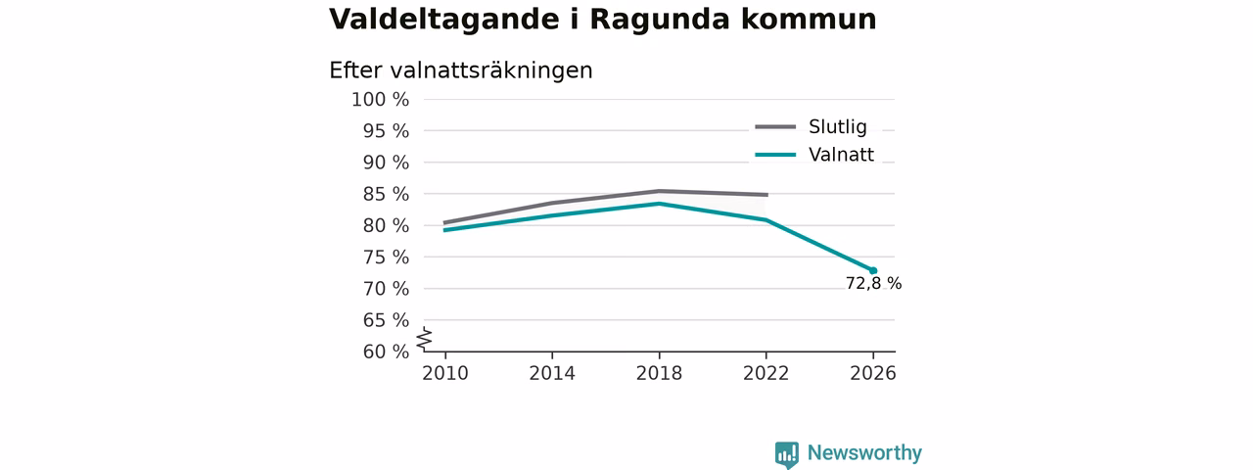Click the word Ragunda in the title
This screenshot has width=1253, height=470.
coord(660,21)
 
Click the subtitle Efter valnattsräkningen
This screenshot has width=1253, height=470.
coord(460,70)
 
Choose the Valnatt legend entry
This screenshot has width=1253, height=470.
coord(814,155)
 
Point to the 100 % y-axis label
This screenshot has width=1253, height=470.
coord(381,100)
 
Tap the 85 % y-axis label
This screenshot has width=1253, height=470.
coord(386,194)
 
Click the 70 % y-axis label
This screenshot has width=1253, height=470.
coord(386,289)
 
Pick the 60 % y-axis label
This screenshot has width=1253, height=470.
coord(386,352)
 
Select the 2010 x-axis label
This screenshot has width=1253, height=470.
coord(445,373)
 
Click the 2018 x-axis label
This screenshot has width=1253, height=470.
coord(659,373)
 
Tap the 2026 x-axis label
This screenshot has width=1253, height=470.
coord(872,373)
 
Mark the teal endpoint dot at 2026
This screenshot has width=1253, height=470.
coord(873,271)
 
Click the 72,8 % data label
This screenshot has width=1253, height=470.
coord(873,284)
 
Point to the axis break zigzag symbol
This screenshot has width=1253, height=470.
coord(425,339)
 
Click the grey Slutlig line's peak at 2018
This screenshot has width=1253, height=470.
coord(660,191)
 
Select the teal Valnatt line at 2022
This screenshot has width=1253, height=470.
coord(766,220)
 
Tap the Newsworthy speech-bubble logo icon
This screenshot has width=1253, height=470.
coord(786,454)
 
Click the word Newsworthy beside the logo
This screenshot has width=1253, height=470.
coord(864,452)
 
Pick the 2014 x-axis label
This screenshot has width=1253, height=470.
coord(552,373)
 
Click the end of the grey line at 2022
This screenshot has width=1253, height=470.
coord(767,195)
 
